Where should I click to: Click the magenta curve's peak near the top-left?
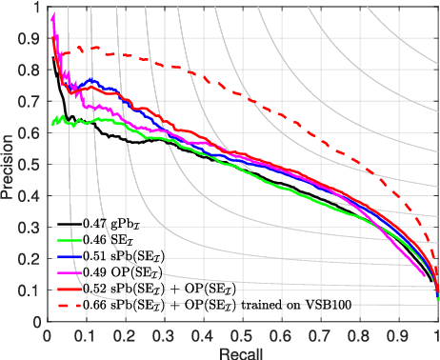(53, 15)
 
